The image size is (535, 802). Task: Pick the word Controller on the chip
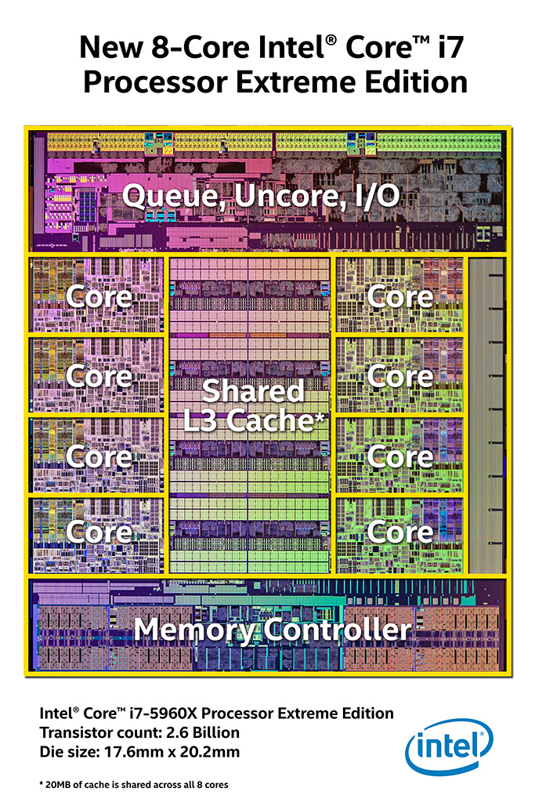coord(338,630)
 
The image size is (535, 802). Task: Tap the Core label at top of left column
coord(99,297)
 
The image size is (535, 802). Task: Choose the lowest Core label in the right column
coord(400,533)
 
